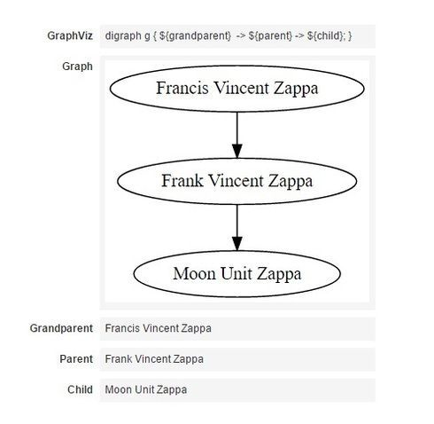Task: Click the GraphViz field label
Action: [x=70, y=36]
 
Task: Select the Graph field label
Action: [x=77, y=67]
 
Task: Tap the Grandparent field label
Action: [x=61, y=328]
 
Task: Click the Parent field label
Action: [x=76, y=359]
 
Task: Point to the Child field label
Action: [x=80, y=389]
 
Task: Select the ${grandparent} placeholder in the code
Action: [x=195, y=36]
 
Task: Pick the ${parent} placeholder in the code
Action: [x=270, y=36]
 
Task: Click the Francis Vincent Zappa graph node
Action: [x=237, y=89]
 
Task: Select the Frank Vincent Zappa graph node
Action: [x=237, y=181]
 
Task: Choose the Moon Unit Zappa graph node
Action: [x=237, y=274]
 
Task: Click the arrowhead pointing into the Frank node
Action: [x=237, y=151]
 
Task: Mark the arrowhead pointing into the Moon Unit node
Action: [x=237, y=244]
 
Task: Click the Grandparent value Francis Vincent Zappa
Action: [x=159, y=328]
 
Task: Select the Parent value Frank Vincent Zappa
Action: [x=154, y=359]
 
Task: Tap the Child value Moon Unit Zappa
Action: [x=146, y=389]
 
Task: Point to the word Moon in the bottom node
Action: [x=195, y=273]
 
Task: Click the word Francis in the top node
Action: [x=182, y=88]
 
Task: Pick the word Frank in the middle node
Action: [x=182, y=180]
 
